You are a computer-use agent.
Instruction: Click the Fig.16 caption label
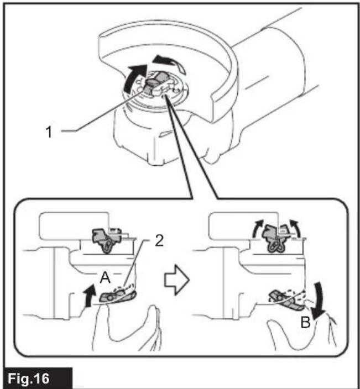[x=29, y=379]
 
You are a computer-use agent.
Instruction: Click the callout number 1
[x=49, y=132]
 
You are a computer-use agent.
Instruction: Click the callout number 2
[x=159, y=240]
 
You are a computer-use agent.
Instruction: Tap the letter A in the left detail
[x=105, y=277]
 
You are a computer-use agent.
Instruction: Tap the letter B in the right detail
[x=305, y=322]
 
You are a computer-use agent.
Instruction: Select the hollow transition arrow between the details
[x=177, y=280]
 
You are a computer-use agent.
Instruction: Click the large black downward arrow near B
[x=319, y=300]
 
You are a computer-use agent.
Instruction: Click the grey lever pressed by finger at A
[x=118, y=297]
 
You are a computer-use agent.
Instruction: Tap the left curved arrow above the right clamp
[x=257, y=228]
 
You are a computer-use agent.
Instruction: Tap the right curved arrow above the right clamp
[x=295, y=228]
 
